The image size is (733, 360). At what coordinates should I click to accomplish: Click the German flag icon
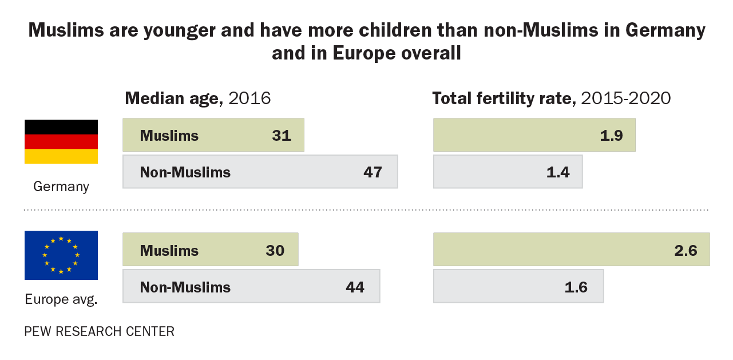pos(61,141)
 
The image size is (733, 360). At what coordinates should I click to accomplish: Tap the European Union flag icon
pos(61,255)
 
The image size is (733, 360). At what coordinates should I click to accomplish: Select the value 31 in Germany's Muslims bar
pos(282,136)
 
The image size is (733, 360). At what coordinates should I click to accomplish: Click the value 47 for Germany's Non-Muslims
pos(373,172)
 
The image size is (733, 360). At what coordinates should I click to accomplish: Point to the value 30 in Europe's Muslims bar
pos(275,251)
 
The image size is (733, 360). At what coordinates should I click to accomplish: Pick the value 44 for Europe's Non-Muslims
pos(355,287)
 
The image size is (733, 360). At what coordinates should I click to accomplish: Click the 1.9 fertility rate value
pos(611,136)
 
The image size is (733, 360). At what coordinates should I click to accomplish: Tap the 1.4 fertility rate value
pos(558,172)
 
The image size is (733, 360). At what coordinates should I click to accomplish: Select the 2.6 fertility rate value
pos(685,251)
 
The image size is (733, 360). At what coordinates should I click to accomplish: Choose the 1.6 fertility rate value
pos(576,287)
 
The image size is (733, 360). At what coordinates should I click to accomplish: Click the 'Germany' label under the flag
pos(61,186)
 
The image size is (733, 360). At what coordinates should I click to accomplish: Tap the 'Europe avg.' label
pos(61,299)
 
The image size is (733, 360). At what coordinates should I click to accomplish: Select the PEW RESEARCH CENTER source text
pos(99,331)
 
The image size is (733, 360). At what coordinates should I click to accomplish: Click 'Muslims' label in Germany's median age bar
pos(169,136)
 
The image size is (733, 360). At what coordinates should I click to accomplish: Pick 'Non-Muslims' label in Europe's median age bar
pos(185,287)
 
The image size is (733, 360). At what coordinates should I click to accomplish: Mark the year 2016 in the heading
pos(249,98)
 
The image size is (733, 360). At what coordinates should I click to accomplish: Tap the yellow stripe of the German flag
pos(61,156)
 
